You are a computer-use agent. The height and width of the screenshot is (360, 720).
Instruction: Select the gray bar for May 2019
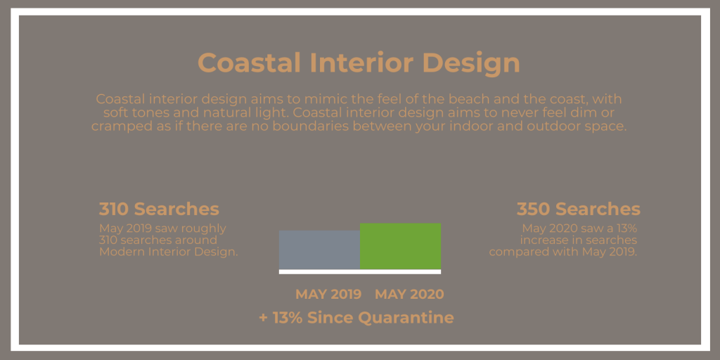(x=320, y=250)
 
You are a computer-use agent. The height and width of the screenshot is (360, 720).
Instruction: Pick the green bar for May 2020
(x=400, y=246)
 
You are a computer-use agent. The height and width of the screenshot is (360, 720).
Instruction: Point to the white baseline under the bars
(x=360, y=272)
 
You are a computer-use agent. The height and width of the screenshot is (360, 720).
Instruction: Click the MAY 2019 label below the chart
(x=328, y=295)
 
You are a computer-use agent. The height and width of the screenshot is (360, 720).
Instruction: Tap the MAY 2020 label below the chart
(x=410, y=295)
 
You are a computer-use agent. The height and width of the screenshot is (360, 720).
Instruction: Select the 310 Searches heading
(x=159, y=209)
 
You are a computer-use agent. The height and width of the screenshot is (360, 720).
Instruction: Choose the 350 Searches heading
(x=579, y=209)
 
